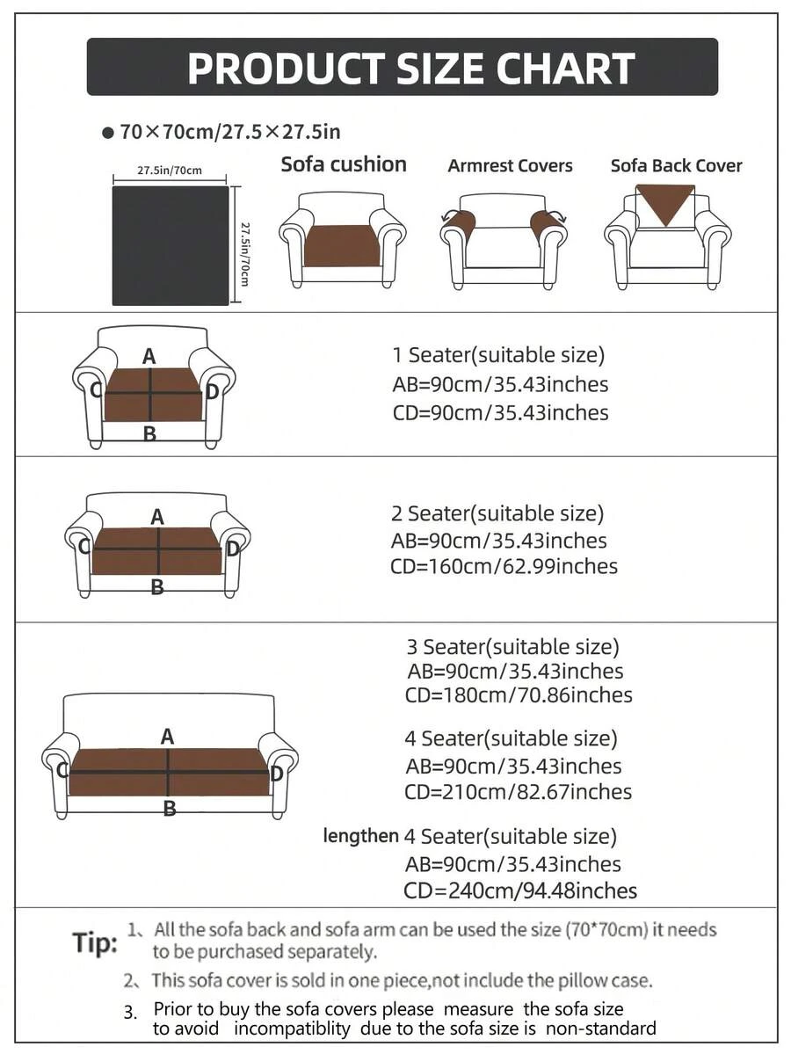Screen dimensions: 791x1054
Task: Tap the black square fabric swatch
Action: click(171, 245)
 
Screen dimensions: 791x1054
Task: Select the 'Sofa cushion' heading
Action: click(344, 164)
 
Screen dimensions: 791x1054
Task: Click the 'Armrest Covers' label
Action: click(510, 165)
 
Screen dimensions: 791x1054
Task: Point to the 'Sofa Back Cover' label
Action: click(676, 165)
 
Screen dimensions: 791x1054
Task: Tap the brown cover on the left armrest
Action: click(458, 221)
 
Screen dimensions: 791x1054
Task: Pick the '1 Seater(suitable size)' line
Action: click(498, 355)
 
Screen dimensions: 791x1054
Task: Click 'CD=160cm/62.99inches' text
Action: click(504, 566)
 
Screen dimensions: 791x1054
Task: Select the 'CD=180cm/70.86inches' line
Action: click(519, 695)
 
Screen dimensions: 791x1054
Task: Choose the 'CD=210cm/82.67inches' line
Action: click(518, 792)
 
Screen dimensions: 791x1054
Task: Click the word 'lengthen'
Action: click(361, 835)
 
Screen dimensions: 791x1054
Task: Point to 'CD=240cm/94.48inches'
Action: click(519, 890)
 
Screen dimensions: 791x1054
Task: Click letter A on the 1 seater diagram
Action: click(149, 356)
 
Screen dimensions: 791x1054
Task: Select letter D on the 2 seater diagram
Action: click(233, 549)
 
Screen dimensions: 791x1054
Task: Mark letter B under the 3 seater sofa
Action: click(170, 809)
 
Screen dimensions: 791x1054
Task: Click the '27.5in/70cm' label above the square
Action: click(170, 171)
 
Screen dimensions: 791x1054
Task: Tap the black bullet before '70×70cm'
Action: click(107, 133)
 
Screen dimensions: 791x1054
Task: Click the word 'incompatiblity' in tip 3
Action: click(293, 1029)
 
